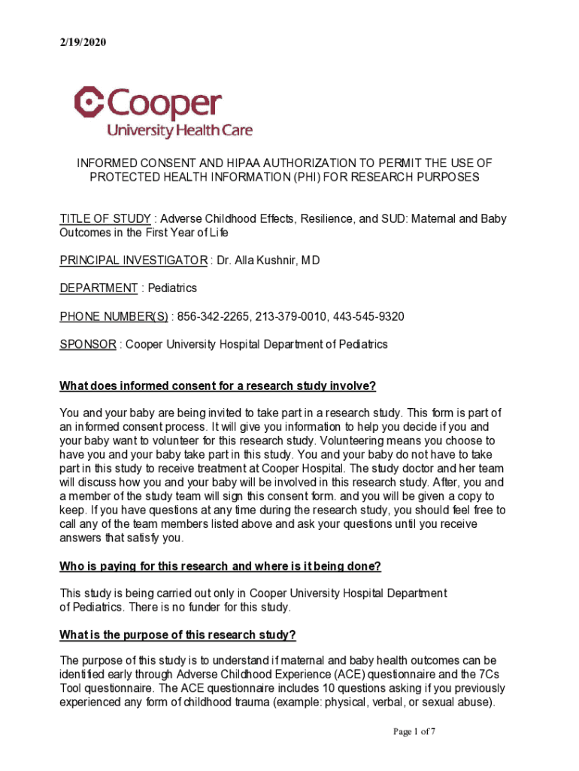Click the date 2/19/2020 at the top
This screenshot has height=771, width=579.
pyautogui.click(x=83, y=43)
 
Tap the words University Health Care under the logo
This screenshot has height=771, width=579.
pyautogui.click(x=180, y=130)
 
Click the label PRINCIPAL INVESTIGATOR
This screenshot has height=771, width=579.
pyautogui.click(x=133, y=261)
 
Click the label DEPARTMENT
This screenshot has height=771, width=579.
pyautogui.click(x=99, y=288)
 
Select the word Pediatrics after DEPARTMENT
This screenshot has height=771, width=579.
pyautogui.click(x=172, y=288)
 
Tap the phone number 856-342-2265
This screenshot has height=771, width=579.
pyautogui.click(x=214, y=316)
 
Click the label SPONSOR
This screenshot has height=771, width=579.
pyautogui.click(x=88, y=344)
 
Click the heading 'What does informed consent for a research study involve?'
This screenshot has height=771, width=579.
pyautogui.click(x=217, y=386)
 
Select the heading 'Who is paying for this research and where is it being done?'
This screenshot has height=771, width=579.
pyautogui.click(x=226, y=565)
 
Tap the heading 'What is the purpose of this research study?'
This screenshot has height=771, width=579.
pyautogui.click(x=178, y=635)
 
